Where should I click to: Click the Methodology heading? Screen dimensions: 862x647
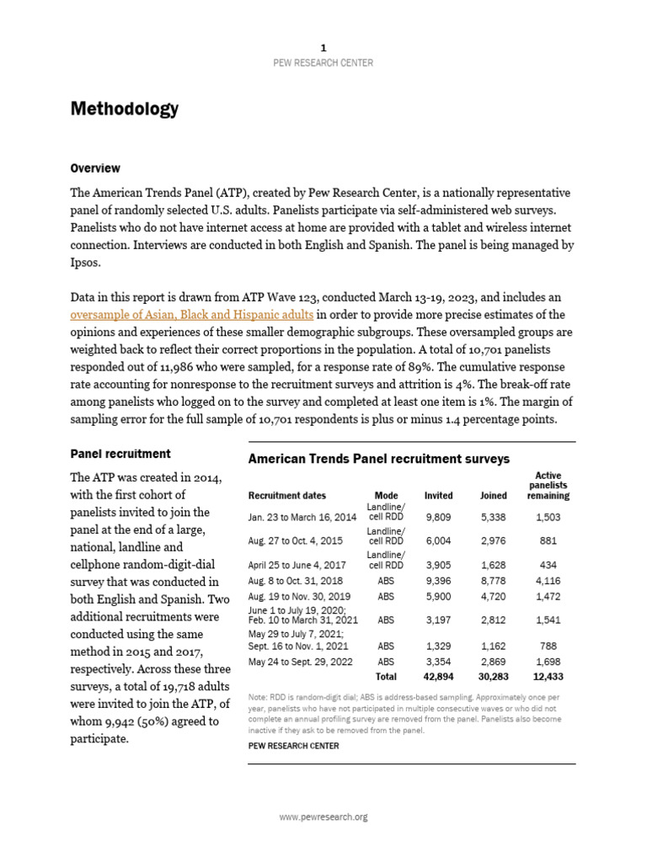(x=125, y=109)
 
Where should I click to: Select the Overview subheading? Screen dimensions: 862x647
(x=95, y=168)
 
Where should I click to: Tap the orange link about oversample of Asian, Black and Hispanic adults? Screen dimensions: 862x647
(x=192, y=315)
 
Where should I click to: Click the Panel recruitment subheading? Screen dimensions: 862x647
(x=120, y=454)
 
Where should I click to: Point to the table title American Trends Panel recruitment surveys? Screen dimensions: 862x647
(x=378, y=459)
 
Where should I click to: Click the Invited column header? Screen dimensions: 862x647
(x=438, y=496)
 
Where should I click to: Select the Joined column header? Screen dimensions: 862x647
(x=494, y=496)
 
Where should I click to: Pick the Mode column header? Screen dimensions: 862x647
(x=386, y=496)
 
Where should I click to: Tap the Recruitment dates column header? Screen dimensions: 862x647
(x=286, y=496)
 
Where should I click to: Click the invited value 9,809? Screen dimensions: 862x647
(x=438, y=517)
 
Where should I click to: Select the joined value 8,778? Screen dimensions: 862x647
(x=494, y=581)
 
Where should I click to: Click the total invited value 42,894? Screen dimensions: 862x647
(x=438, y=677)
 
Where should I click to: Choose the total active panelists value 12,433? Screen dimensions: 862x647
(x=549, y=677)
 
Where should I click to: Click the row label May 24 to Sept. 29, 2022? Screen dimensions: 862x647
(x=301, y=662)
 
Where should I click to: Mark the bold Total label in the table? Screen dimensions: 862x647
(x=386, y=677)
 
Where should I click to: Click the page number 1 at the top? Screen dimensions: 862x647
(x=323, y=48)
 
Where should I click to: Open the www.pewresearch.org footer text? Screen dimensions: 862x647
(x=323, y=817)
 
